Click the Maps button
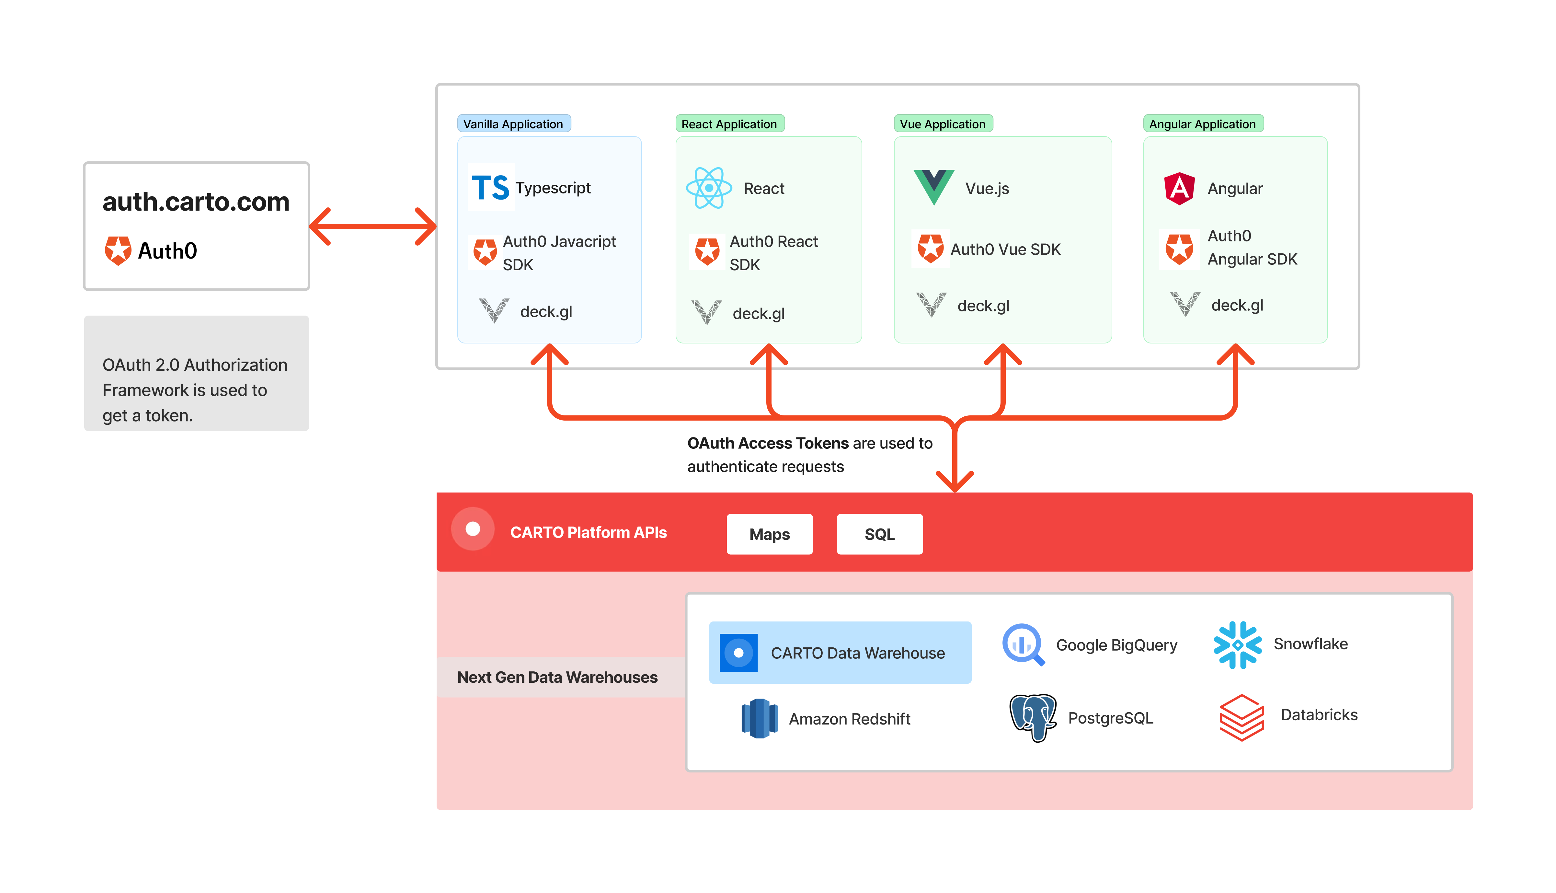point(770,534)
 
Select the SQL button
point(879,534)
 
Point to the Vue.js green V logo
point(933,186)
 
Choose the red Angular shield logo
point(1179,188)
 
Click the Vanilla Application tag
point(513,124)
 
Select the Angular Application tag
point(1202,124)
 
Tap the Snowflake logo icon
point(1237,644)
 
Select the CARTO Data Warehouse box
point(840,653)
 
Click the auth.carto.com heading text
point(196,202)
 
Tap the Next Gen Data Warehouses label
point(557,677)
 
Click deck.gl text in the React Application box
point(758,314)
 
